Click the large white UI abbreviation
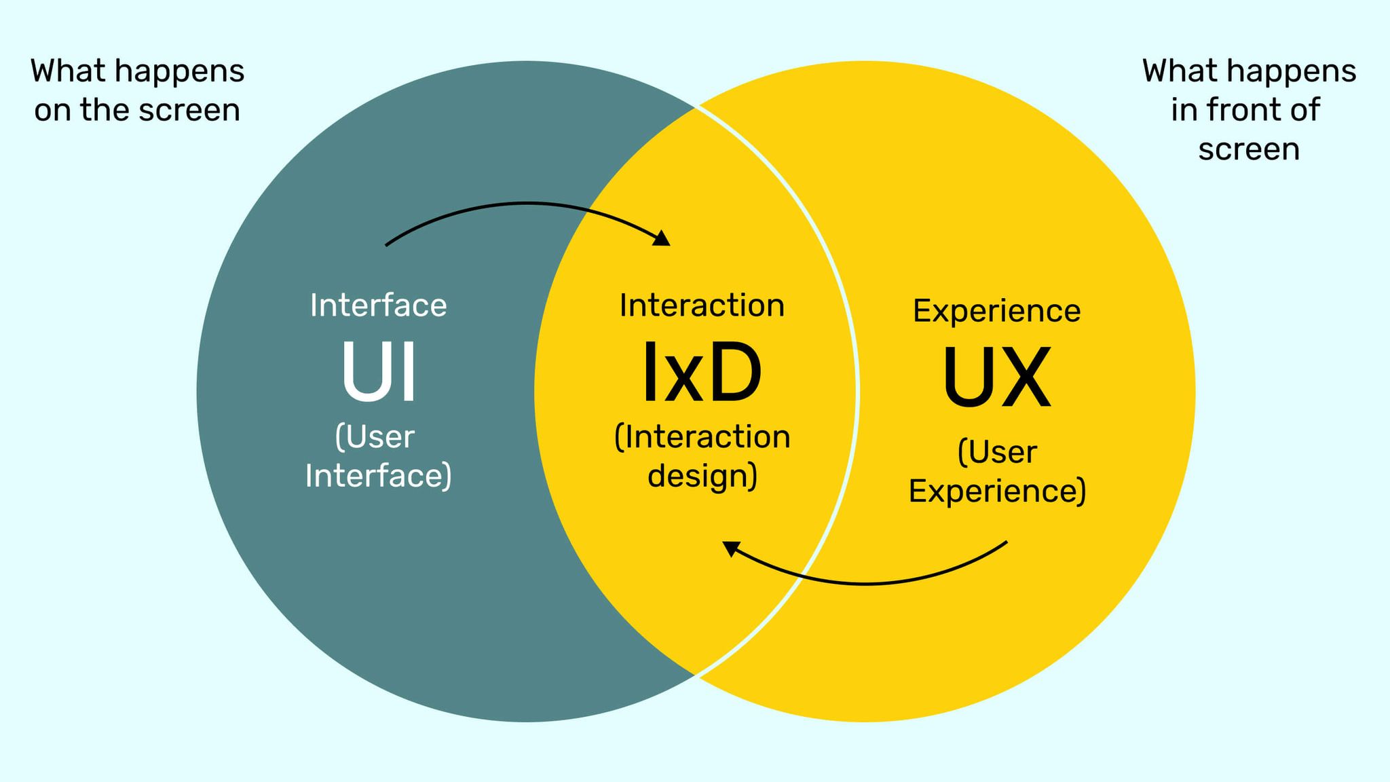point(379,372)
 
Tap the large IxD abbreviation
point(702,372)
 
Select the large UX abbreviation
point(996,377)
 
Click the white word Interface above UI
point(379,305)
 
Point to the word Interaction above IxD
point(702,305)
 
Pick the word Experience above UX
point(996,311)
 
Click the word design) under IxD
point(702,475)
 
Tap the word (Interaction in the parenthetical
point(702,437)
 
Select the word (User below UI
point(375,437)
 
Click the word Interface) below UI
point(379,475)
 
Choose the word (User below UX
point(997,453)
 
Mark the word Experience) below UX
point(997,491)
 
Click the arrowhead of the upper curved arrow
point(662,238)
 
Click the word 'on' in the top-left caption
point(52,110)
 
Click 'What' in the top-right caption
point(1177,71)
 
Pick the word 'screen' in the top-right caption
point(1249,149)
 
